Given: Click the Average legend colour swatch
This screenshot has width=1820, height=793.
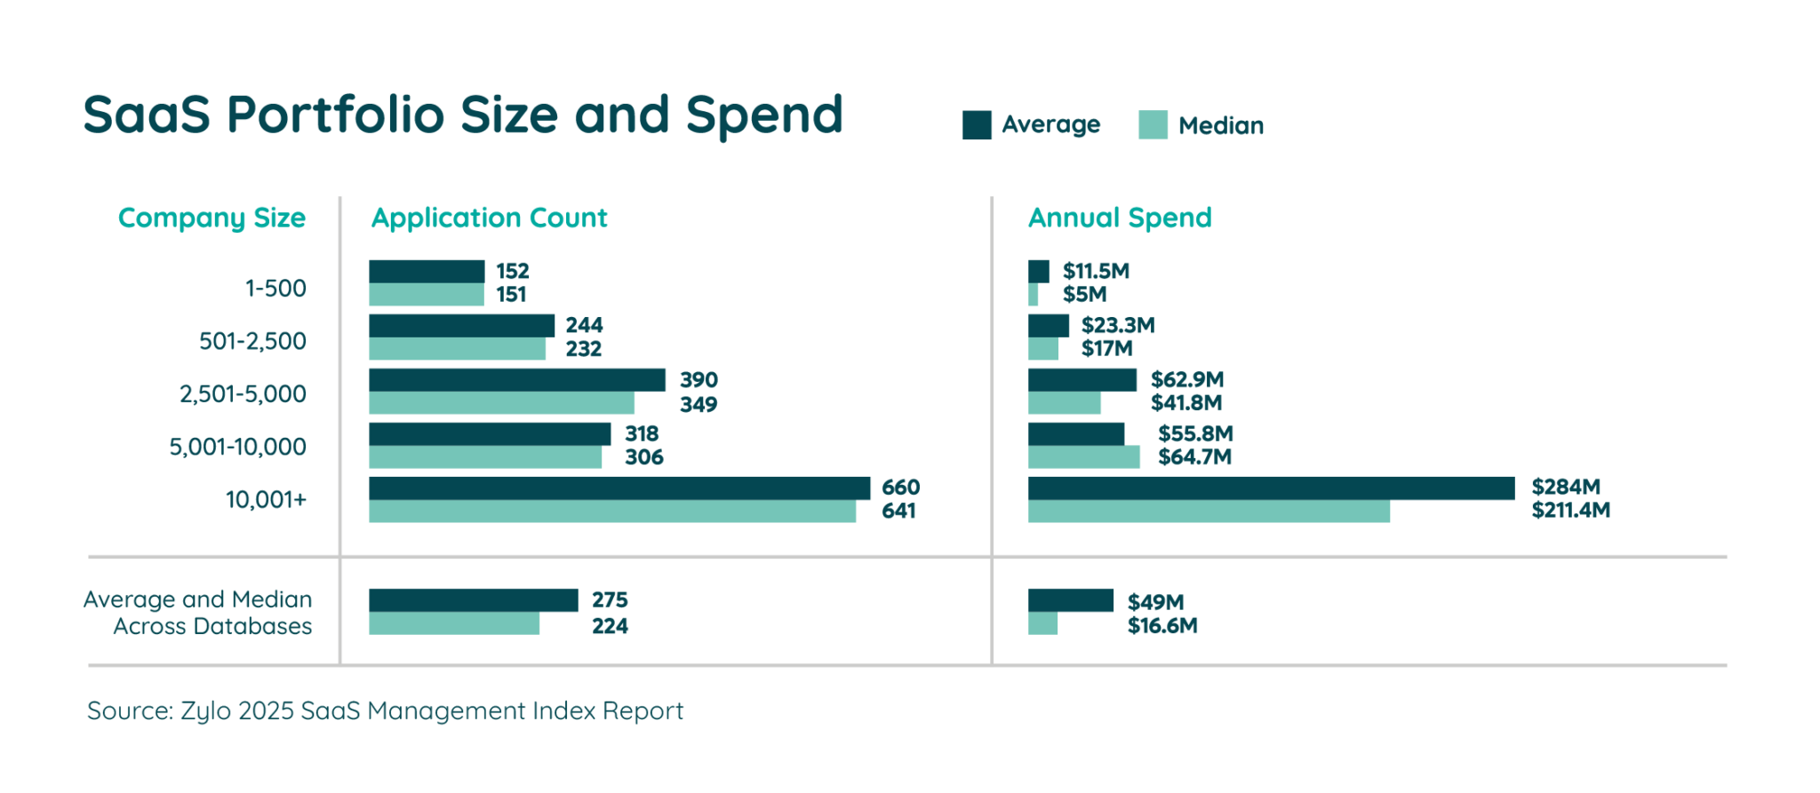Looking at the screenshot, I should pos(977,125).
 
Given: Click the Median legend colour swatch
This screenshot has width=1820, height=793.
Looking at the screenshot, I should pos(1153,125).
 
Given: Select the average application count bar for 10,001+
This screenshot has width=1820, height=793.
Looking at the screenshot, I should pos(619,488).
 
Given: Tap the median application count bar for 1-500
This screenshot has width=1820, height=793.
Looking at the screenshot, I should pos(427,295).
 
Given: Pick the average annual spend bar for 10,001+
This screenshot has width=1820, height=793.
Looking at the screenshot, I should pos(1271,488).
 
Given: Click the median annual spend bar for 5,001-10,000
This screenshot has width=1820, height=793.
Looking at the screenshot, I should pos(1084,457).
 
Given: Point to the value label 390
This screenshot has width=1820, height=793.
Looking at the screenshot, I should pos(698,380).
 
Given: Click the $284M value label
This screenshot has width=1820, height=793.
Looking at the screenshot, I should pos(1566,487).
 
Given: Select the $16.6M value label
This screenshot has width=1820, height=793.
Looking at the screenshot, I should pos(1162,626).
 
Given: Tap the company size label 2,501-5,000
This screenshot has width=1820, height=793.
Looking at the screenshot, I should pos(243,394).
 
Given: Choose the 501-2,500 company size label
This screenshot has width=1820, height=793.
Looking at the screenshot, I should pos(252,342).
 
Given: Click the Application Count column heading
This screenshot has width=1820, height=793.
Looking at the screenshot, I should pos(489,218).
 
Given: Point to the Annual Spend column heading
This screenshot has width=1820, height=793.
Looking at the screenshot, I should pos(1120,218).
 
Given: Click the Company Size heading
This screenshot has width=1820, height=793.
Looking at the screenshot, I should pos(212,218).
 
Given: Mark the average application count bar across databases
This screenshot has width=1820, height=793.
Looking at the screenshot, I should pos(473,600).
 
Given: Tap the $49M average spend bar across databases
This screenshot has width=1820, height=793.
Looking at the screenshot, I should pos(1071,600).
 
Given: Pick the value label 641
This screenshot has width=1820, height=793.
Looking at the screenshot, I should pos(898,511).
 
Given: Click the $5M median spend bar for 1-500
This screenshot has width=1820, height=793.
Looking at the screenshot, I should pos(1034,295).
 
